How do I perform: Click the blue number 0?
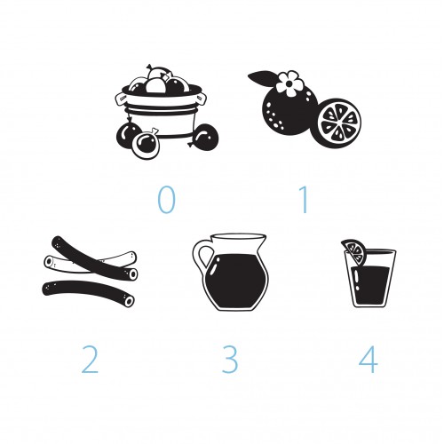(166, 200)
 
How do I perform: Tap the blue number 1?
(304, 200)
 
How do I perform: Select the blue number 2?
(90, 360)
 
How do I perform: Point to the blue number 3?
(230, 360)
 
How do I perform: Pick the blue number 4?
(369, 360)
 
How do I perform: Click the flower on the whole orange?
(289, 83)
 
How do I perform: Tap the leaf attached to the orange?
(264, 77)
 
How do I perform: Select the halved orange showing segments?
(339, 123)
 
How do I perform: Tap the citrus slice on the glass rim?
(354, 252)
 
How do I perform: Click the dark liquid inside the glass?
(371, 285)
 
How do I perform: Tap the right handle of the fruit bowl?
(201, 99)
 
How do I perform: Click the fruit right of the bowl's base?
(205, 138)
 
